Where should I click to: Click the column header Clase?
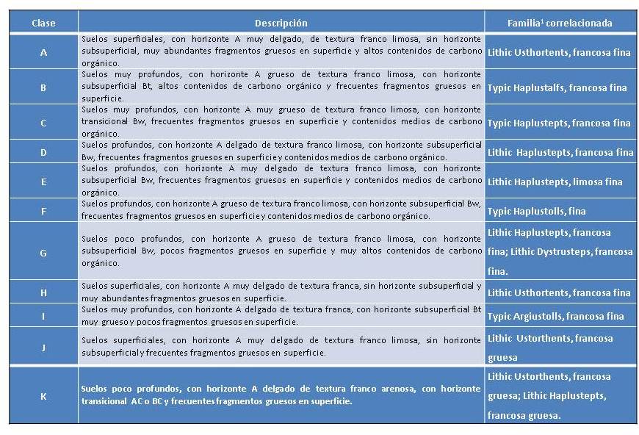click(43, 23)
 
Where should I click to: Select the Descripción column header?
click(281, 23)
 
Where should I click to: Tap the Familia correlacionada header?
click(560, 23)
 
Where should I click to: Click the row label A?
click(43, 52)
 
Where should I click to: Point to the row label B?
click(43, 87)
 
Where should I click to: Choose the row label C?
click(43, 123)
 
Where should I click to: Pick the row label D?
click(43, 152)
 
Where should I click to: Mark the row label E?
click(43, 181)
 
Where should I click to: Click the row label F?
click(43, 211)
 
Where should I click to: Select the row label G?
click(43, 252)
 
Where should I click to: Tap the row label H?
click(43, 292)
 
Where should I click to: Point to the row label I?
click(43, 316)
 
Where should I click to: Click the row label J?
click(43, 348)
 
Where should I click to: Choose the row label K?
click(43, 396)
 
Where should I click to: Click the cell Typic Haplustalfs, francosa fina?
click(557, 87)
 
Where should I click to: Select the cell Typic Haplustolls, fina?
click(536, 211)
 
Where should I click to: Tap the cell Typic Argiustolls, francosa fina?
click(555, 316)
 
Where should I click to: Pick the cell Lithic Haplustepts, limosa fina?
click(555, 181)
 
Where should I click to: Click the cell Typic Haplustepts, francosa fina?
click(558, 123)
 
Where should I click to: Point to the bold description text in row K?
click(281, 396)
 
